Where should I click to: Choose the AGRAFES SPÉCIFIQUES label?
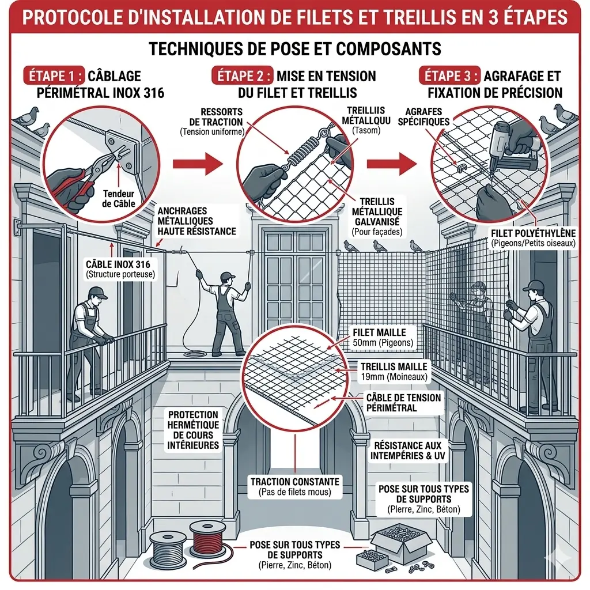tap(428, 117)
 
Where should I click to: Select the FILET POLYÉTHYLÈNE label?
tap(534, 237)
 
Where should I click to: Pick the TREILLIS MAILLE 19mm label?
tap(394, 371)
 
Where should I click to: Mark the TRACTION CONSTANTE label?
tap(295, 487)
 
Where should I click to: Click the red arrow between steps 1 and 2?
tap(206, 163)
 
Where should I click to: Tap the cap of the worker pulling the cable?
tap(228, 276)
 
